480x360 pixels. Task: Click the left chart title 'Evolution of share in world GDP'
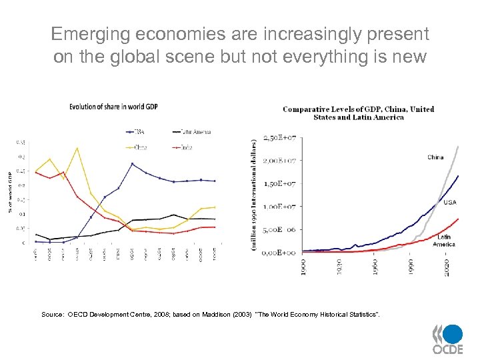click(113, 107)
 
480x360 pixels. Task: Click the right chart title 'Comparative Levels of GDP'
click(358, 113)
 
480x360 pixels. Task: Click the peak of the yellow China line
click(77, 148)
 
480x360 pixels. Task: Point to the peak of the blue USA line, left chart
click(132, 163)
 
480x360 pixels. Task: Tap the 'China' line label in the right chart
click(435, 158)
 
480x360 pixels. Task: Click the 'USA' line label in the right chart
click(450, 202)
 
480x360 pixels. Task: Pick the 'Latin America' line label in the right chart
click(444, 240)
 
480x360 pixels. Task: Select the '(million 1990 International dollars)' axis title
click(254, 195)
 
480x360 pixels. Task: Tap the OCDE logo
click(447, 339)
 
